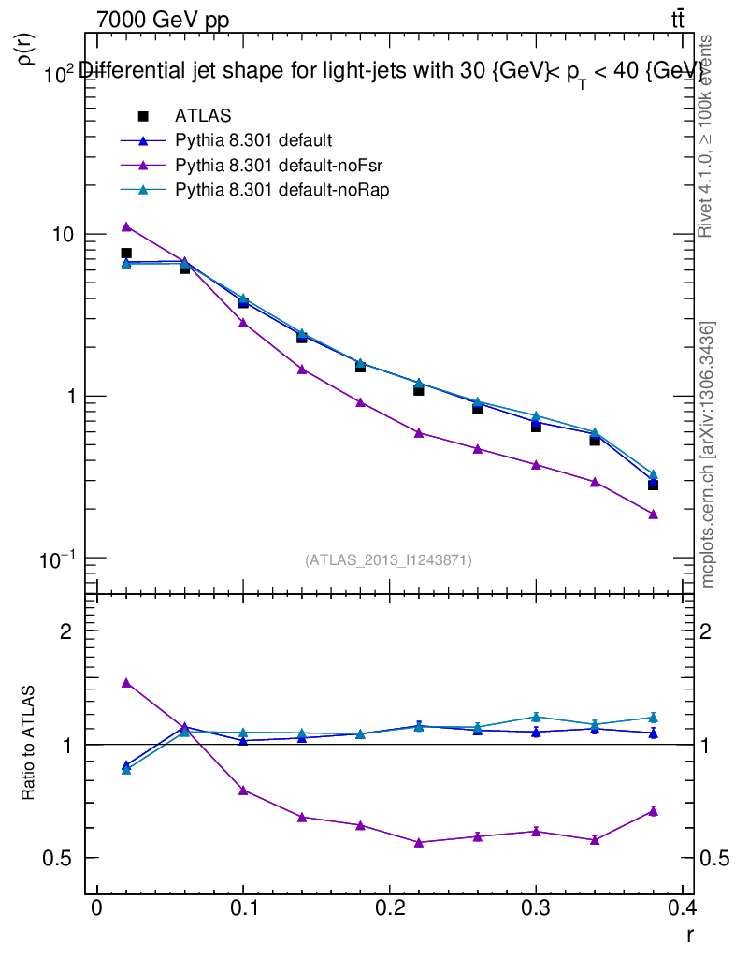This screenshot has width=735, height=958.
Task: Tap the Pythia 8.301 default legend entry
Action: (252, 140)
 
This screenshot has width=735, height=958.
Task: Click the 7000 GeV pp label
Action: (163, 21)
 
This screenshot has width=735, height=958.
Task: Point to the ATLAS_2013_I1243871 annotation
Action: (388, 560)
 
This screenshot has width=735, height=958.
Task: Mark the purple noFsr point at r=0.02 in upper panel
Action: (126, 226)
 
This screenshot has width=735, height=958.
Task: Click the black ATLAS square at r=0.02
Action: (126, 253)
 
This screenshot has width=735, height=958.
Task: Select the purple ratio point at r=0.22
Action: (419, 842)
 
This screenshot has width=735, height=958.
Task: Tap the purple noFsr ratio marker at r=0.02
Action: (126, 683)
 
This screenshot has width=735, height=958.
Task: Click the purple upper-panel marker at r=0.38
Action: (653, 515)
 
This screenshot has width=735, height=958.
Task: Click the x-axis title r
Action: (689, 934)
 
